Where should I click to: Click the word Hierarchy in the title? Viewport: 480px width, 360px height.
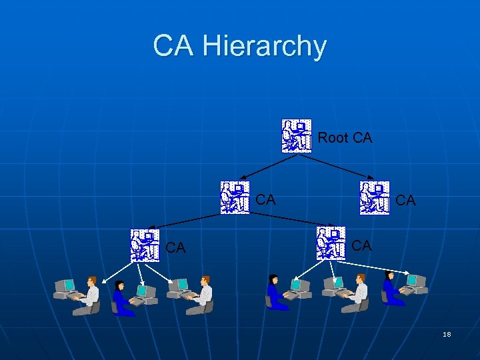[x=265, y=47]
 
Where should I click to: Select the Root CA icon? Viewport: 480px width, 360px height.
[x=296, y=136]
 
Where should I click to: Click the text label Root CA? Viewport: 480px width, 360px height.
[x=345, y=138]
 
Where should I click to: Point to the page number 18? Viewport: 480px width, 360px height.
[x=447, y=334]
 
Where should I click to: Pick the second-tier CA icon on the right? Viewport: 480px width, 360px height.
[x=374, y=197]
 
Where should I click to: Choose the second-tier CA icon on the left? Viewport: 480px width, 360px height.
[x=235, y=197]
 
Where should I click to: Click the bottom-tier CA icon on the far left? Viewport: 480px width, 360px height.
[x=145, y=245]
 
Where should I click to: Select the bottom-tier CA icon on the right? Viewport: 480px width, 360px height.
[x=331, y=243]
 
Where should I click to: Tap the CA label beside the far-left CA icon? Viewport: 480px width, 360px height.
[x=175, y=248]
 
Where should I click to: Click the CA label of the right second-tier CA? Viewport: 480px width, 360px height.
[x=405, y=200]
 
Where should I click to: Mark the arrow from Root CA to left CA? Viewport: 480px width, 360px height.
[x=266, y=167]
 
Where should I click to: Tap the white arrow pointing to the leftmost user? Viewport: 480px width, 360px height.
[x=113, y=269]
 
